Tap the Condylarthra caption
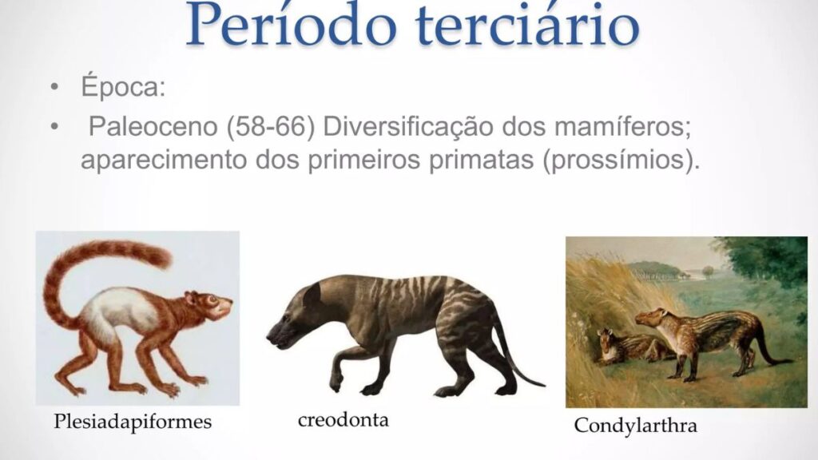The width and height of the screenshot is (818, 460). point(635,426)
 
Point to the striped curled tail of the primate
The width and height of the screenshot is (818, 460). point(88,264)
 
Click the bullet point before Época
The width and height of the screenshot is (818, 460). point(54,87)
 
